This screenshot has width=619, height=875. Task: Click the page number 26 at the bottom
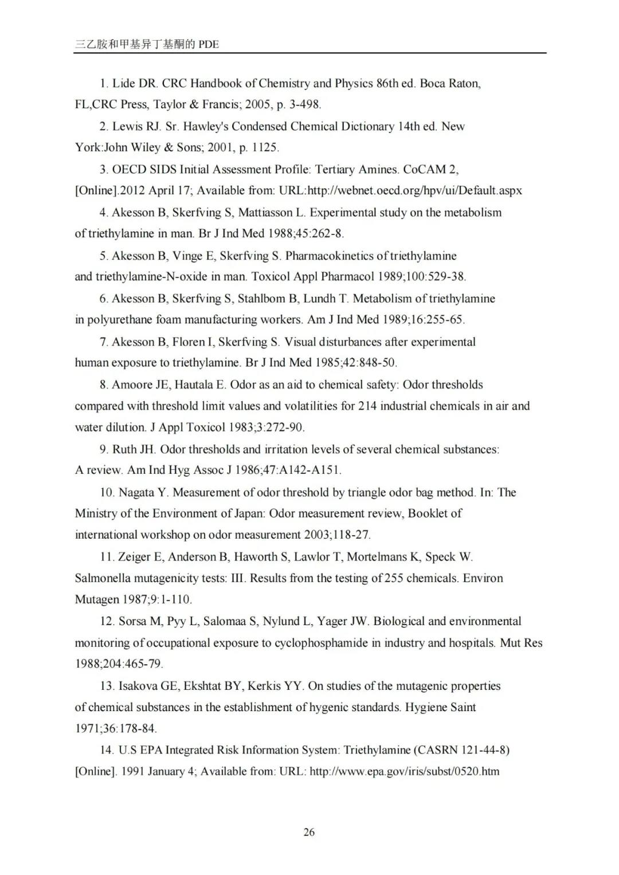[x=309, y=832]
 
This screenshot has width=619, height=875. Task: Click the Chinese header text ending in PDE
[x=147, y=44]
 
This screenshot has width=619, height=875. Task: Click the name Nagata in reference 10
[x=135, y=492]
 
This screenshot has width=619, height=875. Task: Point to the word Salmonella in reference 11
[x=102, y=578]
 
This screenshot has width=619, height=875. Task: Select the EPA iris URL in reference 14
[x=404, y=771]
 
